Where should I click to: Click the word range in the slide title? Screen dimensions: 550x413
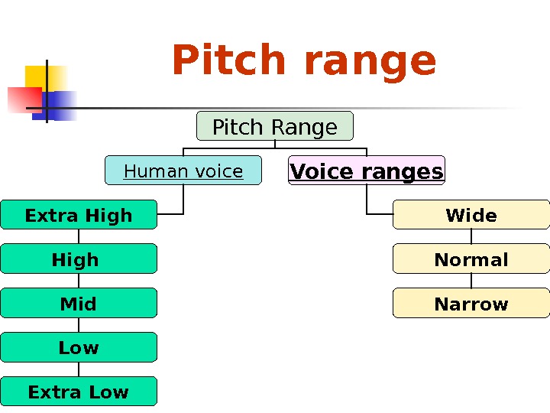370,63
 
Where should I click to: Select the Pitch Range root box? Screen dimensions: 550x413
275,126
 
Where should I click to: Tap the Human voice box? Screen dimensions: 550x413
183,171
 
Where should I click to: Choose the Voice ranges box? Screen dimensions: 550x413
367,171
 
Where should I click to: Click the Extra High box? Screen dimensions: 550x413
79,215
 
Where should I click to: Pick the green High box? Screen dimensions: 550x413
79,259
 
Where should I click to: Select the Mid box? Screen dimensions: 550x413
79,303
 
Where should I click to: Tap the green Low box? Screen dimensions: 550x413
79,347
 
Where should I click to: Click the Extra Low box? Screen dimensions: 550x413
79,392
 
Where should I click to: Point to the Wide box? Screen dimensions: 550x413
471,215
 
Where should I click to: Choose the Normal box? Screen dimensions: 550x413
471,259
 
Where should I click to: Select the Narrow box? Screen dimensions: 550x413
471,303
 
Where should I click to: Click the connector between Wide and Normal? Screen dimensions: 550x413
471,236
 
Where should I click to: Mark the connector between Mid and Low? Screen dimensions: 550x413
79,325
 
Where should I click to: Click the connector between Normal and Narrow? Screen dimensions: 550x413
471,281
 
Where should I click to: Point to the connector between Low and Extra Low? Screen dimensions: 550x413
79,369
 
